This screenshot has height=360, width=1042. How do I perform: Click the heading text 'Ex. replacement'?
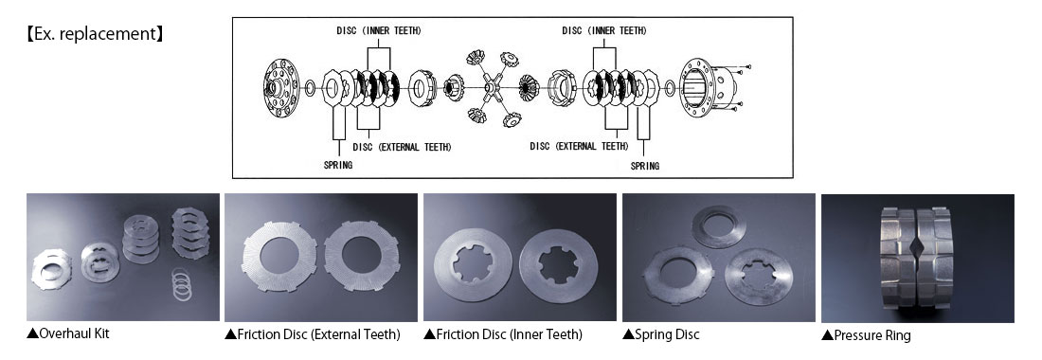point(94,34)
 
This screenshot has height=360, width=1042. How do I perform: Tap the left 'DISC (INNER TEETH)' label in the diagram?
point(379,30)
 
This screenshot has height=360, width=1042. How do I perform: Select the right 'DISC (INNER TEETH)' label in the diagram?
point(604,30)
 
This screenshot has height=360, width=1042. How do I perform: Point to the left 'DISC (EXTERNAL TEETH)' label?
point(402,147)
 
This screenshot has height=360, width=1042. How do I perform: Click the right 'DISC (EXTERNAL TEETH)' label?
point(579,146)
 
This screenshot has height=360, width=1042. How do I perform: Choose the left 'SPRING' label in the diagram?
point(338,166)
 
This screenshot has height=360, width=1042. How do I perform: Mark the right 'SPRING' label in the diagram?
point(644,166)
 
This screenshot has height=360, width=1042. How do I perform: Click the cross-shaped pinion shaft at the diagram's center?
point(491,87)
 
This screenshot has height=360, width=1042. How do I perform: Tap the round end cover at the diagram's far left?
point(281,88)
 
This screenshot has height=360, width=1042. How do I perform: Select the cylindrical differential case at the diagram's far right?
point(707,88)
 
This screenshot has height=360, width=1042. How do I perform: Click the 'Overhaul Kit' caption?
point(68,333)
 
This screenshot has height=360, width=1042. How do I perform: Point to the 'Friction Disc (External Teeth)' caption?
point(313,334)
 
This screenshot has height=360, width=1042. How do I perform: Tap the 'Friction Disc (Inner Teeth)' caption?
point(502,334)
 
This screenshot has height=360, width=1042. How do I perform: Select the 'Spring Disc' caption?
point(660,334)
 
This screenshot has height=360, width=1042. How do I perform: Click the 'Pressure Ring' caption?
point(866,335)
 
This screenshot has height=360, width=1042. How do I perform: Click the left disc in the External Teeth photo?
point(279,257)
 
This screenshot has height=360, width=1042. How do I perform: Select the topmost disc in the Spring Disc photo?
point(719,225)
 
